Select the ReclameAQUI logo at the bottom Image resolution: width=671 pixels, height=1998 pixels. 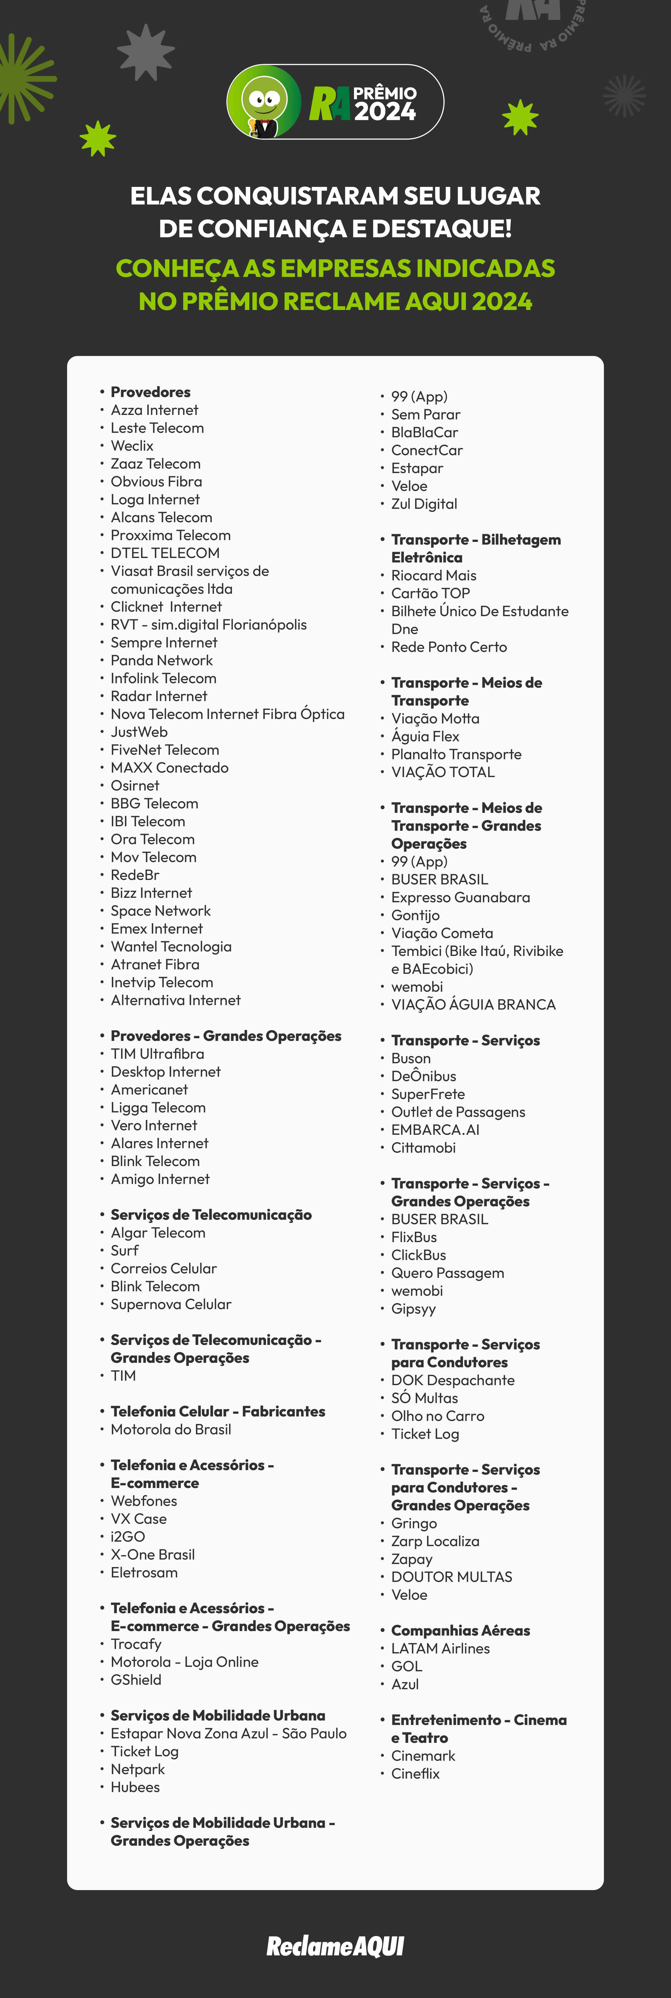(x=335, y=1945)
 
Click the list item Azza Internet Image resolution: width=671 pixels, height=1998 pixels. (x=154, y=410)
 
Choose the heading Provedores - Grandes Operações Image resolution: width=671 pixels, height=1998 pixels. (x=226, y=1036)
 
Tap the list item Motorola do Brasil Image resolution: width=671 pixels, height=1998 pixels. (x=171, y=1429)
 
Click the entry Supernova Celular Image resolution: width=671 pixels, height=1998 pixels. (x=171, y=1304)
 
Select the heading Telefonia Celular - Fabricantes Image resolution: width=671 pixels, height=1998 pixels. (x=218, y=1411)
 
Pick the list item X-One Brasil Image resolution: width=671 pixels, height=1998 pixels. (x=153, y=1554)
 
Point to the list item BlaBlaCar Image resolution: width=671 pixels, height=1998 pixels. (x=424, y=432)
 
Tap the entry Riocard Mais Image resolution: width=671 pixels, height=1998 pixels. (x=434, y=575)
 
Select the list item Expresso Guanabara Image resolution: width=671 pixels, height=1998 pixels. (x=460, y=897)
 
